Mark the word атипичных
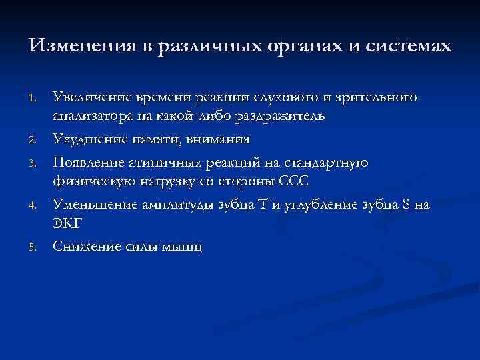click(x=162, y=163)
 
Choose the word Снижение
click(x=84, y=247)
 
